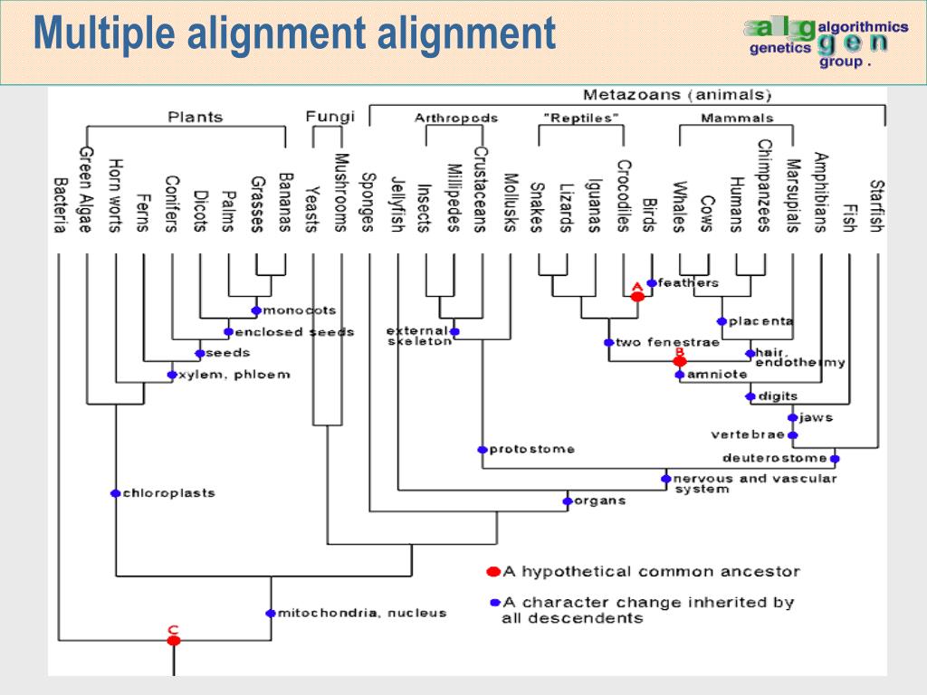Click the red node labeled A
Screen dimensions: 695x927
click(x=637, y=296)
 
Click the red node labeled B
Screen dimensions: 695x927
click(x=680, y=361)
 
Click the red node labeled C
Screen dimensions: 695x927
click(x=174, y=640)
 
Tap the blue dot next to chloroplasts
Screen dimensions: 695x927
click(x=115, y=493)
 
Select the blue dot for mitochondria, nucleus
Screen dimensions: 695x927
click(x=270, y=613)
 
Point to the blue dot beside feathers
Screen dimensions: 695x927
click(x=652, y=283)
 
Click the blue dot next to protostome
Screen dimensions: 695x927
click(x=483, y=449)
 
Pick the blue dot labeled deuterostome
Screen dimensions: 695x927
click(x=834, y=457)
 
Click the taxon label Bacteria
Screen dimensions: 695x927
click(x=60, y=204)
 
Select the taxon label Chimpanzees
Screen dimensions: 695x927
click(x=765, y=186)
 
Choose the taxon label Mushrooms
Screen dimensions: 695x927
click(x=341, y=193)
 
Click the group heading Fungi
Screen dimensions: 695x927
click(x=330, y=117)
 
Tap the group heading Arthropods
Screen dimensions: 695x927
click(x=456, y=119)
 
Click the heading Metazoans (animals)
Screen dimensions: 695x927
click(x=677, y=95)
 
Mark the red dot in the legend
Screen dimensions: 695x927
click(x=493, y=571)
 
